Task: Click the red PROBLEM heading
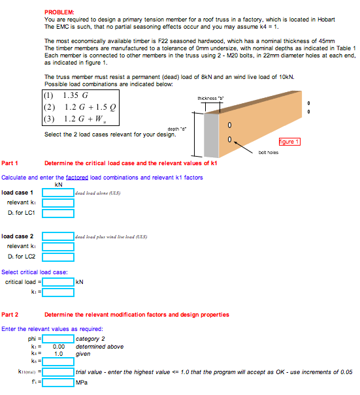click(59, 12)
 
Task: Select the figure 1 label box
click(288, 142)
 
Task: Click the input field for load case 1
click(58, 193)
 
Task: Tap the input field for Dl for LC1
click(58, 213)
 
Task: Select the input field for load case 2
click(58, 236)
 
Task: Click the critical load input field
click(58, 282)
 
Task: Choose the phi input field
click(58, 339)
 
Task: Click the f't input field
click(58, 383)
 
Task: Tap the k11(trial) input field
click(58, 371)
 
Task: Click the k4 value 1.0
click(58, 353)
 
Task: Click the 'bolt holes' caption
click(269, 151)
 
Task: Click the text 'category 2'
click(91, 340)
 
